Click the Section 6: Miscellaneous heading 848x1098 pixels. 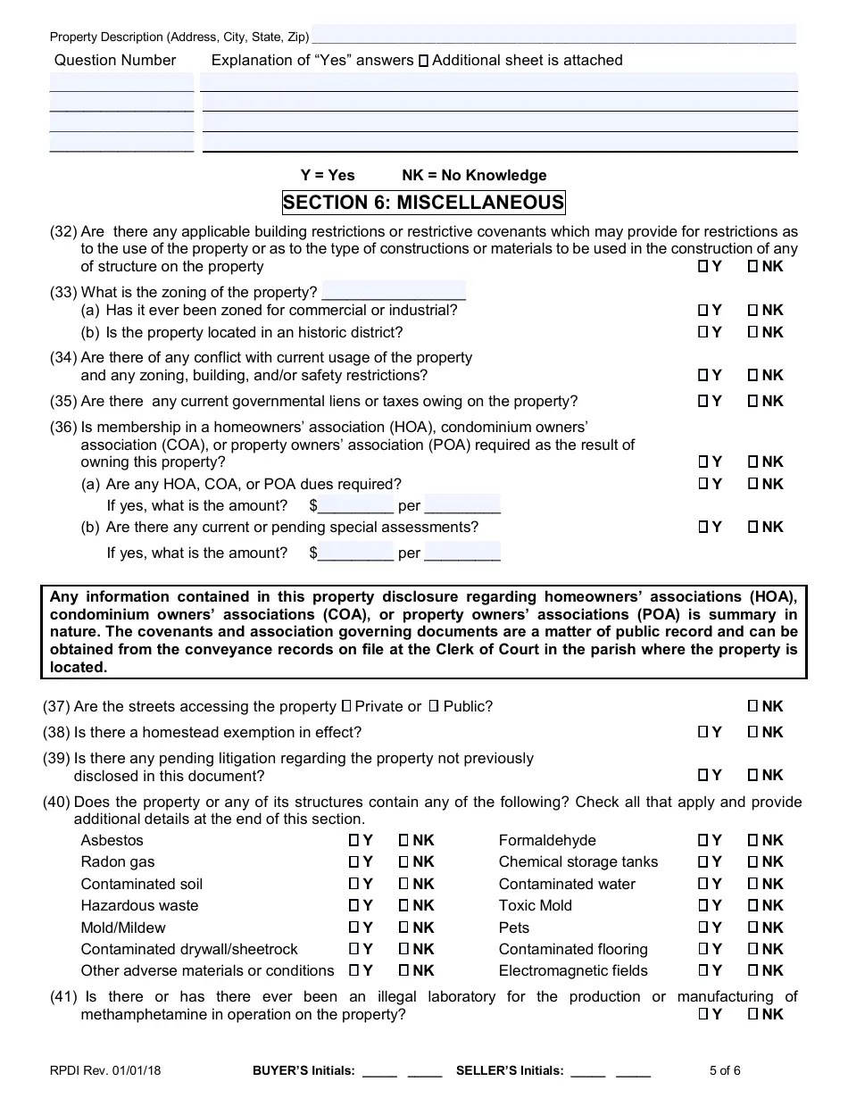pyautogui.click(x=423, y=203)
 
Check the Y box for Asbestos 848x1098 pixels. pyautogui.click(x=354, y=840)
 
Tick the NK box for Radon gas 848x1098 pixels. pyautogui.click(x=403, y=862)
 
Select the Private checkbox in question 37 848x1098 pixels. pyautogui.click(x=346, y=707)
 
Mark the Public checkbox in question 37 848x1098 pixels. pyautogui.click(x=434, y=707)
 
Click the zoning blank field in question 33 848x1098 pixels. pyautogui.click(x=394, y=292)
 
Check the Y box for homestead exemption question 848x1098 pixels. pyautogui.click(x=703, y=733)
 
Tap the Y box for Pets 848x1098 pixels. pyautogui.click(x=703, y=927)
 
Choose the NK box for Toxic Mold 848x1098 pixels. pyautogui.click(x=752, y=906)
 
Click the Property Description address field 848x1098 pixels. pyautogui.click(x=553, y=36)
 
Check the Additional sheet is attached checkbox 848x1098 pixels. pyautogui.click(x=424, y=61)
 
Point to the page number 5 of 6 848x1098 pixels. pyautogui.click(x=725, y=1071)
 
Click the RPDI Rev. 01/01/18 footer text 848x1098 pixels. pyautogui.click(x=105, y=1071)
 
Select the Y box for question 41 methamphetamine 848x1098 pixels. pyautogui.click(x=703, y=1015)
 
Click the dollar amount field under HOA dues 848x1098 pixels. pyautogui.click(x=355, y=505)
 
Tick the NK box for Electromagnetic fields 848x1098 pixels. pyautogui.click(x=752, y=971)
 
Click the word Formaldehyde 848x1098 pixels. pyautogui.click(x=546, y=840)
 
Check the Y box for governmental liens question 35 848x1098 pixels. pyautogui.click(x=703, y=402)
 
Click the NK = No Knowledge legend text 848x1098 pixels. pyautogui.click(x=474, y=175)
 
